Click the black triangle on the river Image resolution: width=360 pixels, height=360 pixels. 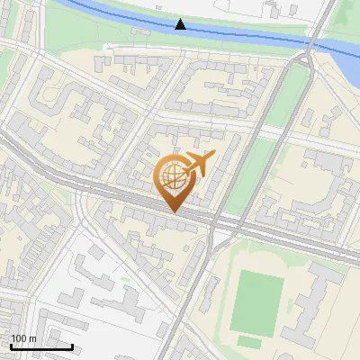pos(181,24)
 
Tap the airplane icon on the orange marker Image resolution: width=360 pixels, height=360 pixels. pos(197,165)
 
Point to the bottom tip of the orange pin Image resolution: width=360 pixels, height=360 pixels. pos(173,212)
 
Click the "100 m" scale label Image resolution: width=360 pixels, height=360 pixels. pos(23,338)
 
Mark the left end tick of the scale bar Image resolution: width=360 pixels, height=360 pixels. pos(12,346)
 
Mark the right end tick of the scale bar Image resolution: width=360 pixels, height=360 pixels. pos(73,346)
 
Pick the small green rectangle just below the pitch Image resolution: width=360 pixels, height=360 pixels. pos(249,343)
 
